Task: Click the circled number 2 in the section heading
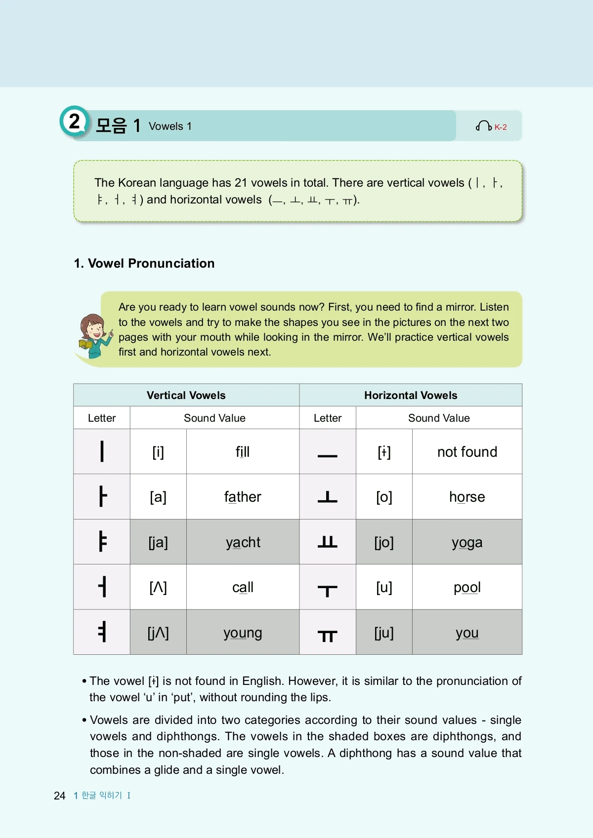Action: click(x=74, y=121)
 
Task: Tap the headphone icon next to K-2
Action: click(x=483, y=126)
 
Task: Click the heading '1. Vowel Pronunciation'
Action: click(x=144, y=263)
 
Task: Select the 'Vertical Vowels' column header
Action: click(x=186, y=395)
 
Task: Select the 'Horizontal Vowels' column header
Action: click(x=411, y=395)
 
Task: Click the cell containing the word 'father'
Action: click(x=243, y=497)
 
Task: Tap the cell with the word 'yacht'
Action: click(x=243, y=542)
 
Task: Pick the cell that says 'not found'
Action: click(x=467, y=452)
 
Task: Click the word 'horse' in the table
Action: click(x=467, y=497)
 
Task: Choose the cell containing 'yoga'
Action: click(x=467, y=542)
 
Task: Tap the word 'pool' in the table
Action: click(x=467, y=587)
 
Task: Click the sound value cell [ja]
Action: click(x=158, y=542)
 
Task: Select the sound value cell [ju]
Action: click(x=384, y=633)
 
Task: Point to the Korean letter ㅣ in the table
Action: click(x=102, y=451)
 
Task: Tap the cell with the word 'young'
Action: click(x=243, y=633)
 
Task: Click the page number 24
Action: click(x=59, y=796)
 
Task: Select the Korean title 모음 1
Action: click(x=118, y=125)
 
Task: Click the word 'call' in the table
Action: click(x=243, y=587)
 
